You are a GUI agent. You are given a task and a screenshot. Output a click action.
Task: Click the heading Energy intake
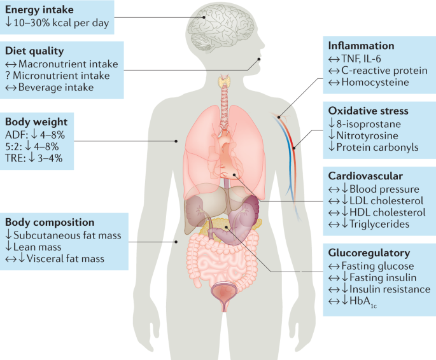pyautogui.click(x=39, y=10)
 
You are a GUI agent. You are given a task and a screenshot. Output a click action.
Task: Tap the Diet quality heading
pyautogui.click(x=34, y=51)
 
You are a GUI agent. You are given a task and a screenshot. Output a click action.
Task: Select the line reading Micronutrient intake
pyautogui.click(x=57, y=76)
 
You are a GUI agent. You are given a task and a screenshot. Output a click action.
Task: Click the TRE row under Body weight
pyautogui.click(x=34, y=158)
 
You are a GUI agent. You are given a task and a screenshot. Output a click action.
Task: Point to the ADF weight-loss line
pyautogui.click(x=35, y=135)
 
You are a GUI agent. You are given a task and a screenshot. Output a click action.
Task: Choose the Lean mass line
pyautogui.click(x=33, y=247)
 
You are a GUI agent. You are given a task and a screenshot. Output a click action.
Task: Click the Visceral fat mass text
pyautogui.click(x=66, y=259)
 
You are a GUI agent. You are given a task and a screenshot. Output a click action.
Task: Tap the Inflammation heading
pyautogui.click(x=361, y=46)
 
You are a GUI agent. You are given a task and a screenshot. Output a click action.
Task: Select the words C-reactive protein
pyautogui.click(x=384, y=71)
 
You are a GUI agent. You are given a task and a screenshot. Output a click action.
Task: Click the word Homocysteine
pyautogui.click(x=375, y=82)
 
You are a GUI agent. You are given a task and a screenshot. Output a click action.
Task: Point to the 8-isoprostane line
pyautogui.click(x=365, y=124)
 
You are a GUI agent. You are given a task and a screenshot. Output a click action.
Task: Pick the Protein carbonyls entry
pyautogui.click(x=373, y=147)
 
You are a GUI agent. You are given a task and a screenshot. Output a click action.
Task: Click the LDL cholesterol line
pyautogui.click(x=376, y=200)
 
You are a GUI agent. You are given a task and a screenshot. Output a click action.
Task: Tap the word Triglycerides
pyautogui.click(x=379, y=224)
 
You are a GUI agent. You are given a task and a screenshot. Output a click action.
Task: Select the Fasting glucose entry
pyautogui.click(x=371, y=266)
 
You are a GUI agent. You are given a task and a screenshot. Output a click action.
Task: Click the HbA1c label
pyautogui.click(x=363, y=301)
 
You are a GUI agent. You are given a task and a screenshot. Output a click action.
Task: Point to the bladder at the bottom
pyautogui.click(x=224, y=295)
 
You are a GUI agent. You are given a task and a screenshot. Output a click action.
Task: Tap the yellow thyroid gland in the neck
pyautogui.click(x=225, y=81)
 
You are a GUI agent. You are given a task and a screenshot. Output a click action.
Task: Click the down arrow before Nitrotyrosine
pyautogui.click(x=332, y=135)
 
